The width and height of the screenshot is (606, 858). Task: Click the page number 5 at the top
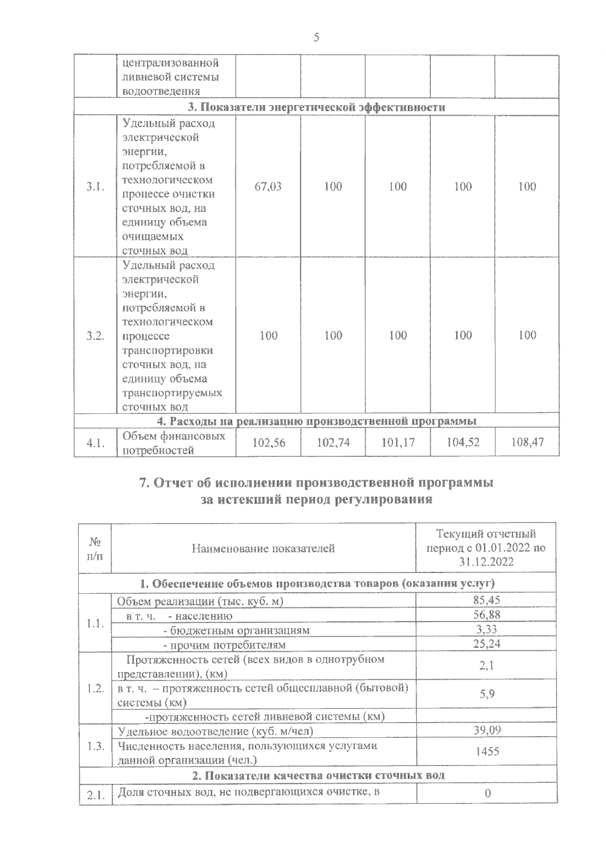click(x=317, y=37)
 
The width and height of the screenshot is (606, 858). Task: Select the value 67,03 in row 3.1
click(x=268, y=186)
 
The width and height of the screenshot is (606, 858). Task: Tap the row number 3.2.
click(x=95, y=336)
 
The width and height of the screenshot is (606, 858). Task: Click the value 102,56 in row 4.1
click(x=268, y=443)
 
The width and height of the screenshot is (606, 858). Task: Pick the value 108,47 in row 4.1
click(x=527, y=443)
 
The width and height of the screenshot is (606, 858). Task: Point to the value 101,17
click(x=398, y=443)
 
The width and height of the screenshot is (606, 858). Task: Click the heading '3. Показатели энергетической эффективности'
click(x=317, y=107)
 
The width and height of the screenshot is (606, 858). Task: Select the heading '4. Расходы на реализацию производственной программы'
click(x=317, y=421)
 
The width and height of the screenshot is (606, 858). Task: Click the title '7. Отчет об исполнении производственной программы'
click(x=317, y=483)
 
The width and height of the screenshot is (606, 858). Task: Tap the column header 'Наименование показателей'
click(x=263, y=548)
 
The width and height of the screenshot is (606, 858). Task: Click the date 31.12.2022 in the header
click(x=486, y=562)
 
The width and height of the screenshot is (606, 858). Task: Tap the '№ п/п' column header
click(x=95, y=548)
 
